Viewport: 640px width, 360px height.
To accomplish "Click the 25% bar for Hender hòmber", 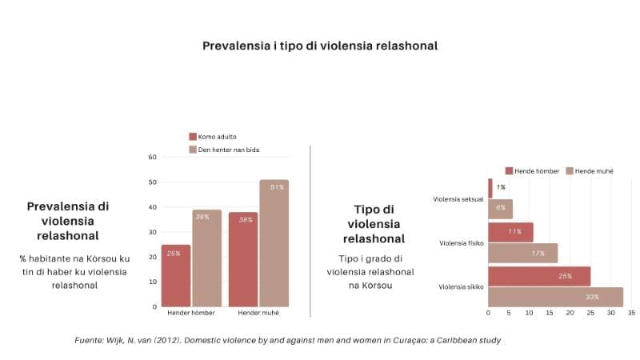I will click(176, 275).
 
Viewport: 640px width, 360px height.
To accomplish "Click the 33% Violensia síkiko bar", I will click(555, 297).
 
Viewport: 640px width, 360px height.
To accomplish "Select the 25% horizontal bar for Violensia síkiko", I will click(539, 276).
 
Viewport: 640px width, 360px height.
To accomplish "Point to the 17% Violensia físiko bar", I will click(522, 254).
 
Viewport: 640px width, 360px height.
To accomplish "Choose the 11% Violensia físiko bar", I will click(510, 232).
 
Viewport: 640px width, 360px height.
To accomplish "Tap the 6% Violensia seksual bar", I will click(500, 209).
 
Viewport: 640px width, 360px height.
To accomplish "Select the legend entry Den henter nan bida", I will click(228, 150).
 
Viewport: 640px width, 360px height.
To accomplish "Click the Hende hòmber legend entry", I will click(535, 170).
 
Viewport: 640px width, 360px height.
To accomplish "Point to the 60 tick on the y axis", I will click(153, 157).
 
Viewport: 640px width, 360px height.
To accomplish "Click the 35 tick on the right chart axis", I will click(631, 313).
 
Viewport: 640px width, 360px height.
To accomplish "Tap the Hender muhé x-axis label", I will click(258, 313).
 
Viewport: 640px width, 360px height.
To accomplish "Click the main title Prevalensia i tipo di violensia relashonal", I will click(319, 46).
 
